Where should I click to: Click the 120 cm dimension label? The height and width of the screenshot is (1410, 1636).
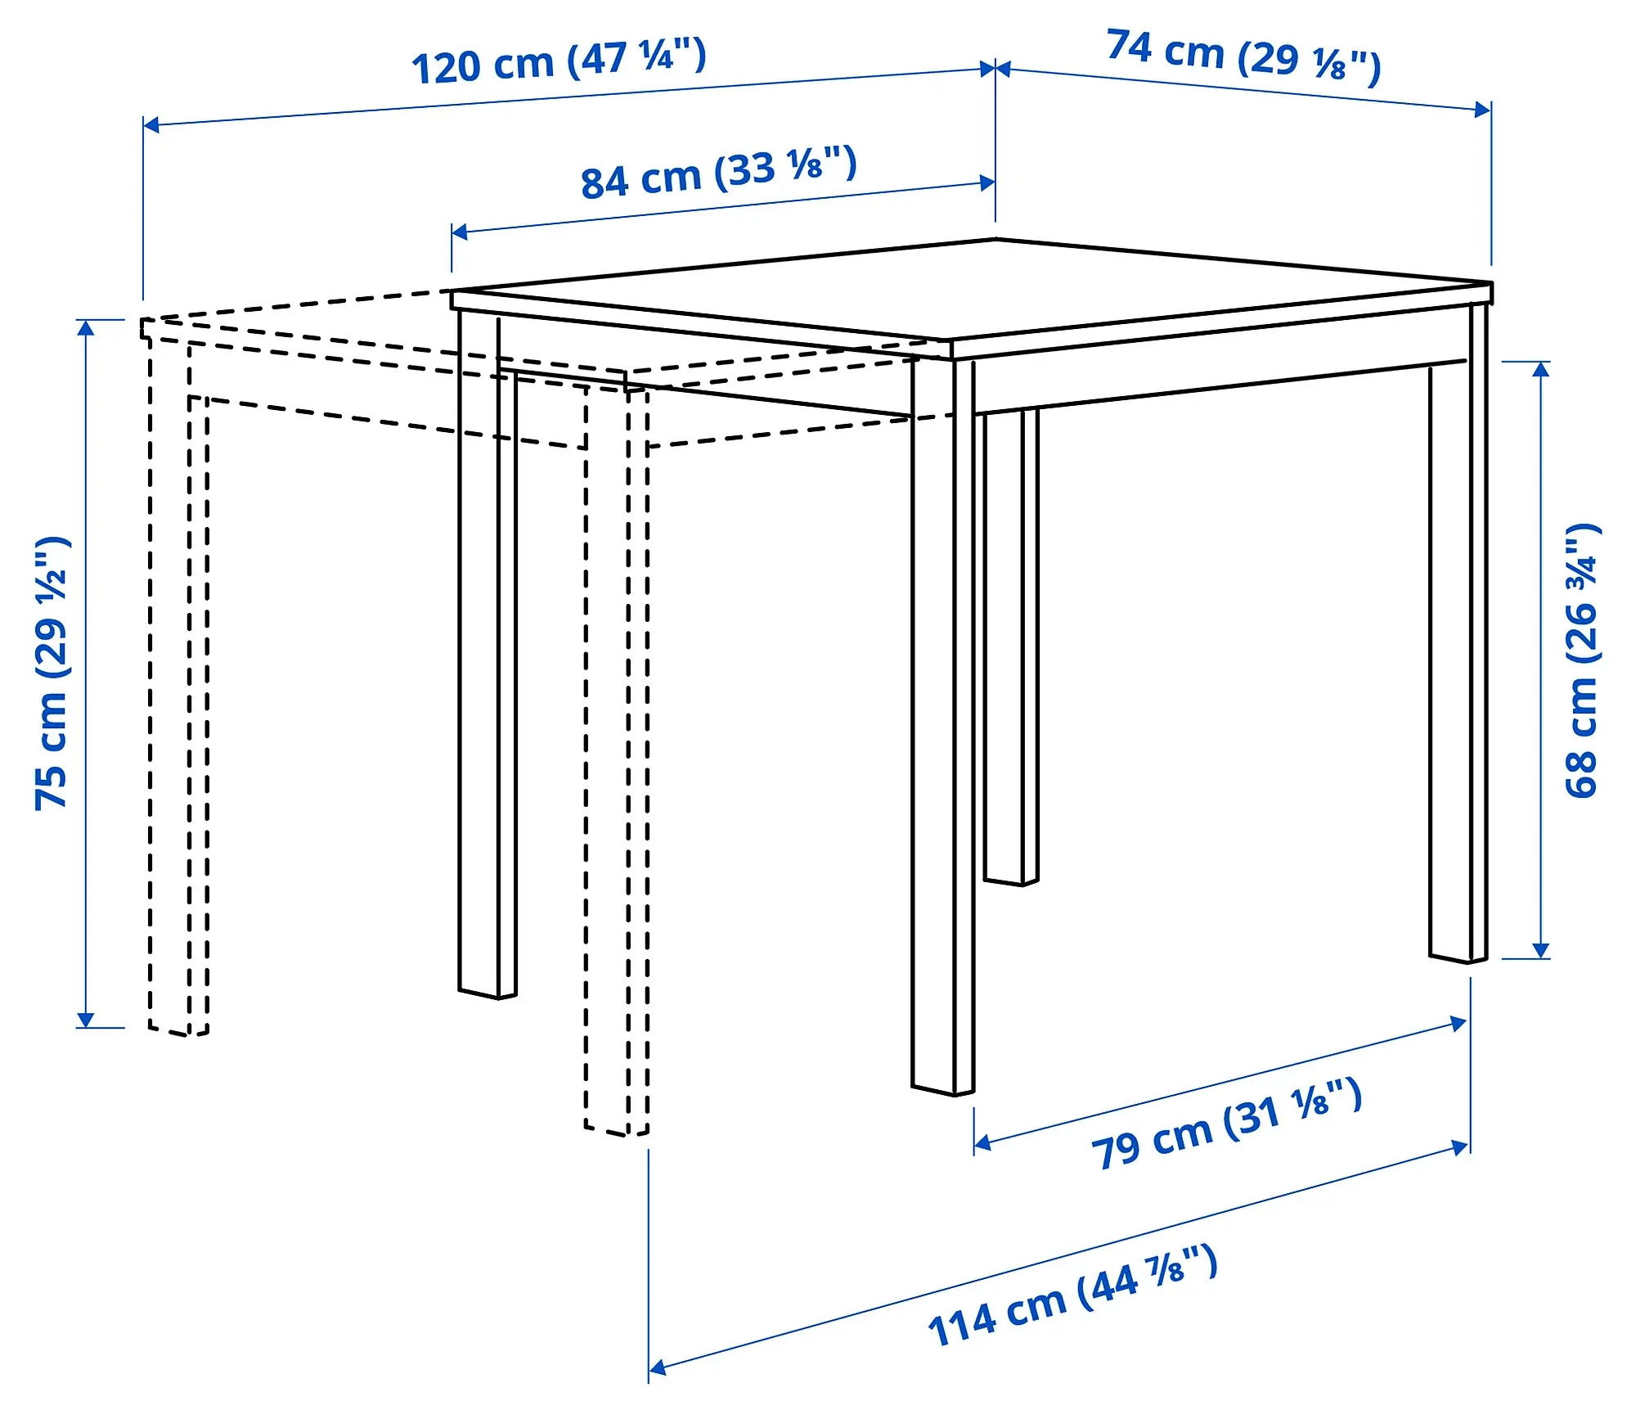pyautogui.click(x=558, y=62)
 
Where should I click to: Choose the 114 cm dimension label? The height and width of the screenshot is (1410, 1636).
pyautogui.click(x=1072, y=1297)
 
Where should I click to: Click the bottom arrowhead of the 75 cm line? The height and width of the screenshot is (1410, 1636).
pyautogui.click(x=85, y=1020)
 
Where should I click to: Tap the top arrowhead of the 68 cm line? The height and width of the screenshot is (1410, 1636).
pyautogui.click(x=1541, y=368)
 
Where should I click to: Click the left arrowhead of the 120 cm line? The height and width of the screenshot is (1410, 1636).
pyautogui.click(x=151, y=124)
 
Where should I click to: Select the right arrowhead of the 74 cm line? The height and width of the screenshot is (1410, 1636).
pyautogui.click(x=1482, y=110)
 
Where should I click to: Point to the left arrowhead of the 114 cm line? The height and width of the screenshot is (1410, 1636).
pyautogui.click(x=657, y=1367)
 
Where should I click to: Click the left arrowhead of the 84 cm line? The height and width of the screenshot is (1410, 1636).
pyautogui.click(x=459, y=232)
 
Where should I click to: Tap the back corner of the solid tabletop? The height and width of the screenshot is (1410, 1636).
pyautogui.click(x=996, y=240)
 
